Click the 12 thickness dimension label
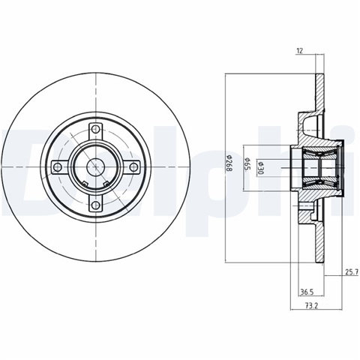point(299,51)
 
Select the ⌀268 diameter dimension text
point(229,163)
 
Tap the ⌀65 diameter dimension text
point(247,164)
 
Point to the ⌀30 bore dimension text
point(259,168)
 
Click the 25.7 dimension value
point(352,271)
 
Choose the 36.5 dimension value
point(307,292)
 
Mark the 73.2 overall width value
point(311,305)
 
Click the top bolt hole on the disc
point(95,130)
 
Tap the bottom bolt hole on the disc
point(95,205)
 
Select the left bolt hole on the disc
point(58,166)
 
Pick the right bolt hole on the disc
point(133,166)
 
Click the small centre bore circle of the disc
point(95,166)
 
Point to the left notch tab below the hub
point(85,184)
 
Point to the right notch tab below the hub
point(106,184)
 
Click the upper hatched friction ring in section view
point(319,91)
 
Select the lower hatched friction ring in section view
point(319,242)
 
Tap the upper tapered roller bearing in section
point(320,151)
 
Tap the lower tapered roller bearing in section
point(320,184)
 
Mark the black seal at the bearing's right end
point(341,167)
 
